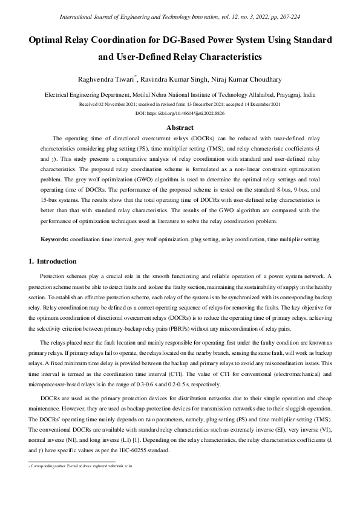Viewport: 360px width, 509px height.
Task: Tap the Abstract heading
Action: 180,128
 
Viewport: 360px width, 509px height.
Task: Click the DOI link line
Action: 180,113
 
